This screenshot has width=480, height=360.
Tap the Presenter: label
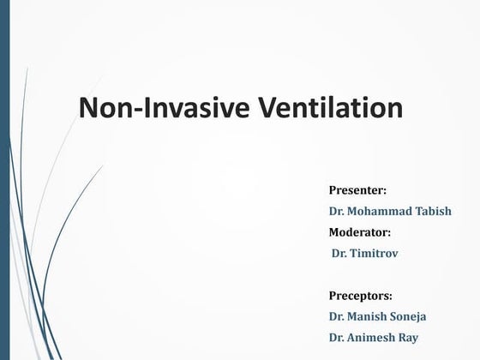click(x=358, y=188)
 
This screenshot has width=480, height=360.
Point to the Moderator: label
click(x=360, y=231)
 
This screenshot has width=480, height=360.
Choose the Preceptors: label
click(x=361, y=296)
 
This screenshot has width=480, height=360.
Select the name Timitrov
click(x=378, y=253)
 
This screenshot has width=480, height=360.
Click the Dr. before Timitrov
click(x=340, y=253)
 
